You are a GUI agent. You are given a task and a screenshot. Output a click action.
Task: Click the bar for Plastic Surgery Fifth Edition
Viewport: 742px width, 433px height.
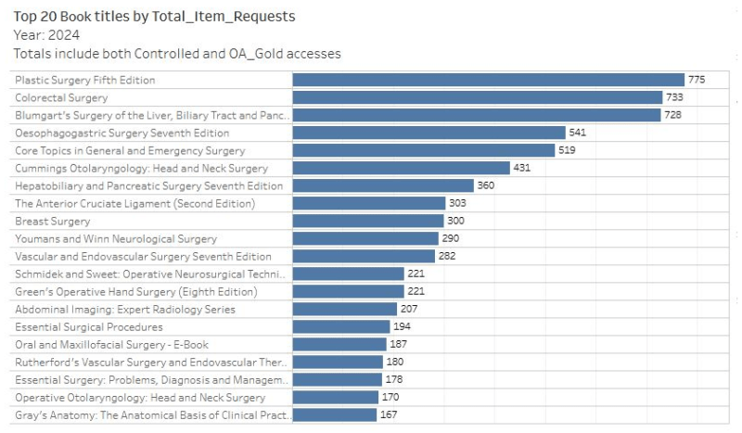pos(488,80)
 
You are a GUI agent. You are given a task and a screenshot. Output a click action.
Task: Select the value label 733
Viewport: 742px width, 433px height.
pos(675,97)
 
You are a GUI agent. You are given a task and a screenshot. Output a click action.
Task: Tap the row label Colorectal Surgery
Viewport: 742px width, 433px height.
pos(62,97)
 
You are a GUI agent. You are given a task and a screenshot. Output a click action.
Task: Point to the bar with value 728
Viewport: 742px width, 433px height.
pos(476,115)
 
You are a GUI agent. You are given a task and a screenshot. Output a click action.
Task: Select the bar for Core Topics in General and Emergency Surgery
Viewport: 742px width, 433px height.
pos(424,150)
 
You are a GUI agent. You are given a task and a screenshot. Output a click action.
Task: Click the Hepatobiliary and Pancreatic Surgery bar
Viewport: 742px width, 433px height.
pos(383,185)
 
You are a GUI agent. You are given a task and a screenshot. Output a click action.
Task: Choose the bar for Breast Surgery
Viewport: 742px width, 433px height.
pos(368,221)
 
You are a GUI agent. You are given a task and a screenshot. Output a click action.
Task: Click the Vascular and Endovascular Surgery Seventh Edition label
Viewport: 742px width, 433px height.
pos(144,257)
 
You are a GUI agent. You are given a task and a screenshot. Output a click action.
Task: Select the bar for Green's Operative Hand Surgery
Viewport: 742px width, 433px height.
pos(348,292)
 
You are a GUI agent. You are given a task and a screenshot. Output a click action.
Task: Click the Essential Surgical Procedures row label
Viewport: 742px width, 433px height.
pos(89,327)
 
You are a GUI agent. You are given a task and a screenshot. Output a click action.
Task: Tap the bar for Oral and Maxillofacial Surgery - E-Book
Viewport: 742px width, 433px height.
pos(339,345)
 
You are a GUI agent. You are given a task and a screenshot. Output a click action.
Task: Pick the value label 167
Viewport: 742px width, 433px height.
pos(389,414)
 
